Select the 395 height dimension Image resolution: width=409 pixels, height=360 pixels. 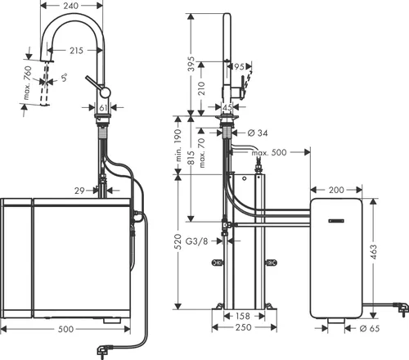tap(191, 65)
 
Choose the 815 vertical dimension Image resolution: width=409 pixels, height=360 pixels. tap(191, 167)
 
